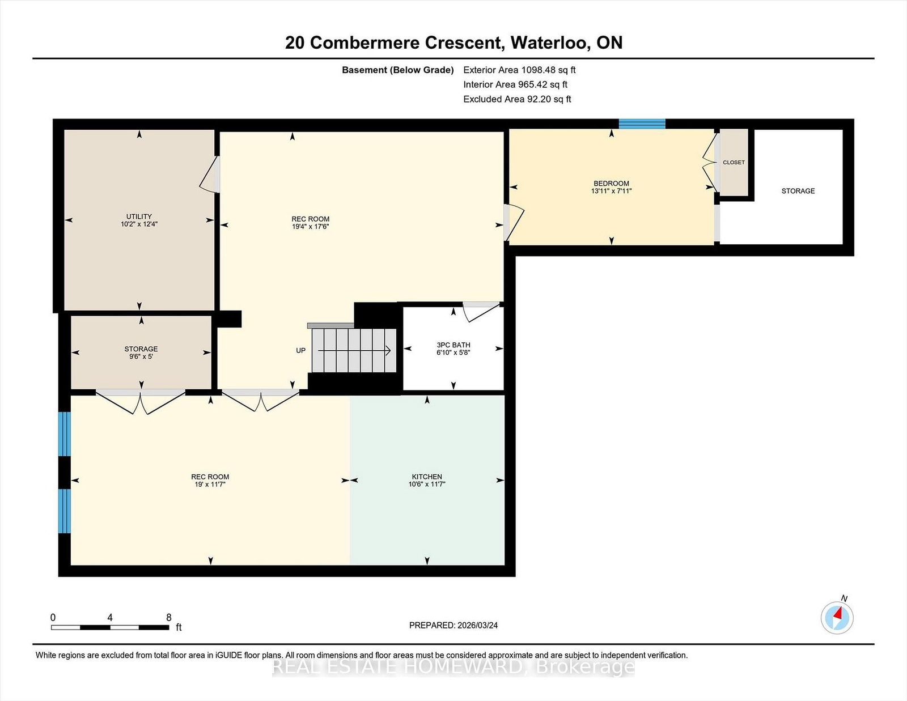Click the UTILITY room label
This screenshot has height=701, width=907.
click(x=139, y=216)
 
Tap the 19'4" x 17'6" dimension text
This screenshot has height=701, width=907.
click(x=311, y=227)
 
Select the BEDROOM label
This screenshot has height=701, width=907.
click(x=612, y=184)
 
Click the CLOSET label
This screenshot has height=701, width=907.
click(x=734, y=162)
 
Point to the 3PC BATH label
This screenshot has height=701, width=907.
click(x=453, y=345)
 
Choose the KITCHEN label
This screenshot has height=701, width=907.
click(x=427, y=477)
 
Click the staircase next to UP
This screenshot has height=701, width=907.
click(x=354, y=350)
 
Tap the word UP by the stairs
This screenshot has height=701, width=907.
click(x=301, y=350)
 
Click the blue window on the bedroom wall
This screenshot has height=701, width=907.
click(x=642, y=124)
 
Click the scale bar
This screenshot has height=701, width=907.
click(x=110, y=627)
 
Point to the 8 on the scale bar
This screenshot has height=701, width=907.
click(x=168, y=618)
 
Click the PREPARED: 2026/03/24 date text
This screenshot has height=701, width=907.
click(x=453, y=626)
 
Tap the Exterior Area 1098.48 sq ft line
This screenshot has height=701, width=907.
click(x=520, y=70)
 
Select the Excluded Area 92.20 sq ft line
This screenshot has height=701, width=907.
click(x=517, y=99)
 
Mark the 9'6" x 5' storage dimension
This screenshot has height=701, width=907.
click(x=141, y=357)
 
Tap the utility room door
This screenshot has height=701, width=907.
click(x=210, y=175)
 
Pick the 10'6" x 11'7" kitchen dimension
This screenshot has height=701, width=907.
click(x=427, y=485)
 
